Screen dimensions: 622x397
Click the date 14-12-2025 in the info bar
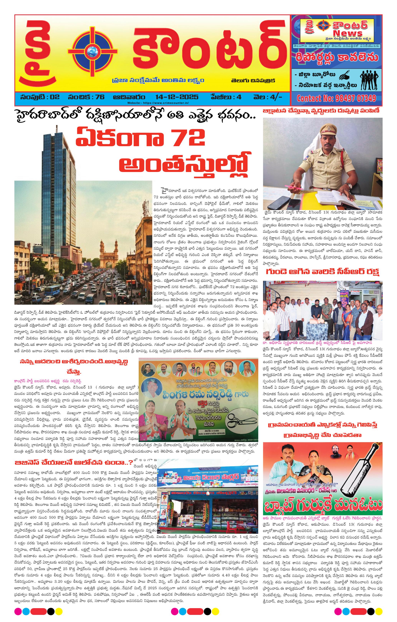(177, 97)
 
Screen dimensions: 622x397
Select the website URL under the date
(158, 103)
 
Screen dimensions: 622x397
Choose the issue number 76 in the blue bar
(99, 97)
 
